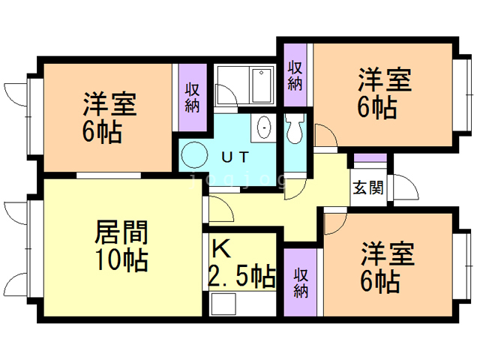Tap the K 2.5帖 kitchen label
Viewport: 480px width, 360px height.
[240, 263]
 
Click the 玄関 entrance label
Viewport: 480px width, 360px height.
[368, 187]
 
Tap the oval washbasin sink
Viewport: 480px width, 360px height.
[263, 128]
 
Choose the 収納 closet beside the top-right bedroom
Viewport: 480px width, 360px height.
[295, 75]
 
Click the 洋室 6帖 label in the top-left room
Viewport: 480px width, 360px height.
[109, 117]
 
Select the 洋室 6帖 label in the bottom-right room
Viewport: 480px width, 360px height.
[387, 267]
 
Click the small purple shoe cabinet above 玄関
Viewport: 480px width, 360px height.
[370, 159]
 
